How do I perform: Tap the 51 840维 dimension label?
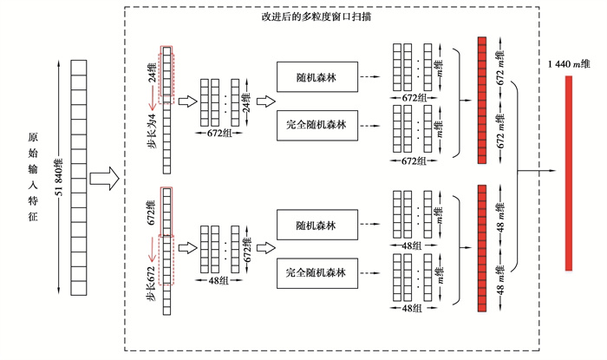[x=58, y=179]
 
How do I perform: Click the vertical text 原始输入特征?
[x=33, y=178]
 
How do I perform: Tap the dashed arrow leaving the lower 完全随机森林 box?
[x=368, y=273]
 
